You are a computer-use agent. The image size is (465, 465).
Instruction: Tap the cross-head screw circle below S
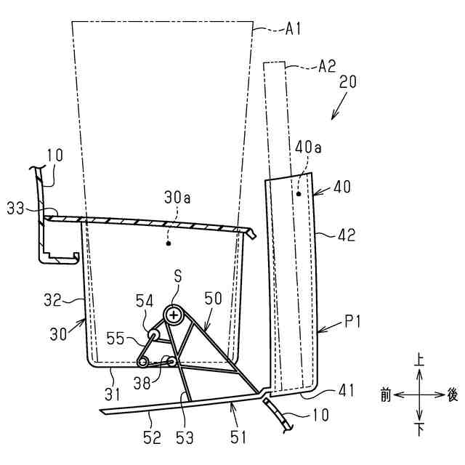(174, 315)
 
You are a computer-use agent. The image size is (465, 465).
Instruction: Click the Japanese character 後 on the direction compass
(453, 395)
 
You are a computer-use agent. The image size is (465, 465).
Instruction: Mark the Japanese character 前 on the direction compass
(386, 395)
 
